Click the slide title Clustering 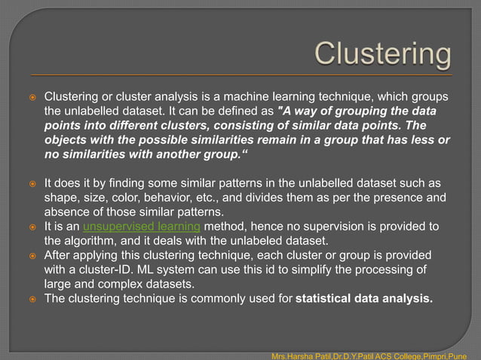pyautogui.click(x=382, y=54)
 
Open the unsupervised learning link pyautogui.click(x=141, y=227)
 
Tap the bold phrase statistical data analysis pyautogui.click(x=364, y=298)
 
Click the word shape pyautogui.click(x=61, y=198)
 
